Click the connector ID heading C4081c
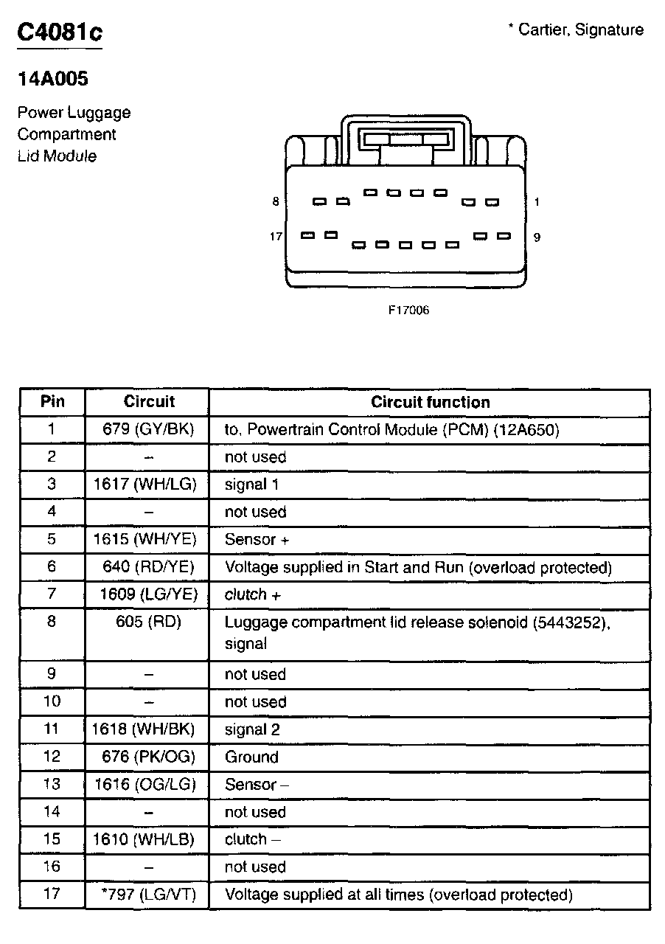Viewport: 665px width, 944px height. coord(60,32)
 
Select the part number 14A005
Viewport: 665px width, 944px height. coord(53,79)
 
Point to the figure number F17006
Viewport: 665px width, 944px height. coord(408,310)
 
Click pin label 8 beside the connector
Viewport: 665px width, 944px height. coord(276,201)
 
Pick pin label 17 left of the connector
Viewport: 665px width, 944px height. coord(276,237)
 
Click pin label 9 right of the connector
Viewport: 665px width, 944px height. coord(537,237)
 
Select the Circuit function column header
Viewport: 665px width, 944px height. coord(430,402)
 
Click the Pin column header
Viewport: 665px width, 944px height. coord(52,402)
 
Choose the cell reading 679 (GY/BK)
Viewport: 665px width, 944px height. coord(148,429)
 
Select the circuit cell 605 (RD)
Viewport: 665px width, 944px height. coord(148,622)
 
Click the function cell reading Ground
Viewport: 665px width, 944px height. coord(251,757)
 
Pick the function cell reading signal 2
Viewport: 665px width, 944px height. coord(252,729)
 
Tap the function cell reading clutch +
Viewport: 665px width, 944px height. coord(253,594)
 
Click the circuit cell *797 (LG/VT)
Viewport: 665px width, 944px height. coord(147,895)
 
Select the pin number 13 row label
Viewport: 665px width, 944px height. coord(52,784)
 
